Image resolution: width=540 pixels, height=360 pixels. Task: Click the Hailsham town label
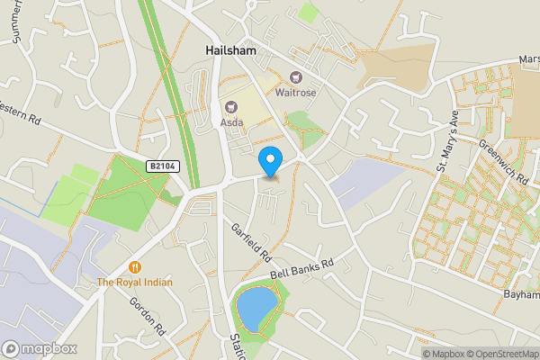[229, 51]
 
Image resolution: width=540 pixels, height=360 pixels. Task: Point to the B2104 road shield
[162, 166]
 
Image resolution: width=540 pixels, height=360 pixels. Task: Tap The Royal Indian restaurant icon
[135, 266]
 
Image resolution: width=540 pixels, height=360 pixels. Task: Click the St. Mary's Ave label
[447, 141]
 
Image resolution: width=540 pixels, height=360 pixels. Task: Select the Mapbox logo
[39, 348]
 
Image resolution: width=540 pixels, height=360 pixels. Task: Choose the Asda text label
[231, 123]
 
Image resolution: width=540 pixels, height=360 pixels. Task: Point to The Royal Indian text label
[135, 283]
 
